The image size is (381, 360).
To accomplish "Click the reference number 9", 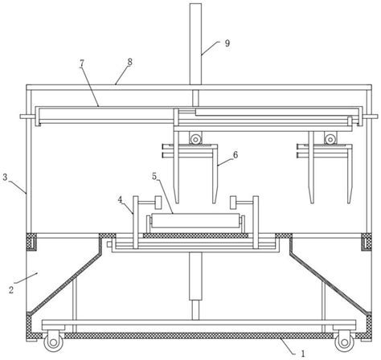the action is click(x=227, y=43).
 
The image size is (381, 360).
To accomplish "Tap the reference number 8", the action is click(x=129, y=62).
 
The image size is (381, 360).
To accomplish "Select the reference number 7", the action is click(x=82, y=63).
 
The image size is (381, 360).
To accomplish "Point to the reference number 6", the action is click(x=236, y=154).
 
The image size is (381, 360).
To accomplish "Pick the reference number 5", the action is click(x=154, y=176).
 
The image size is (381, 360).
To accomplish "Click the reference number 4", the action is click(x=120, y=200).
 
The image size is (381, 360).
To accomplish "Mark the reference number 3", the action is click(x=5, y=177).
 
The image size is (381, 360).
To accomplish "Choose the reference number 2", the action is click(x=11, y=290).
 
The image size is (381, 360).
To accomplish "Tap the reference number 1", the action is click(x=303, y=354).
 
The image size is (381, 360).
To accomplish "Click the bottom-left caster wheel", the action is click(x=53, y=342).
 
